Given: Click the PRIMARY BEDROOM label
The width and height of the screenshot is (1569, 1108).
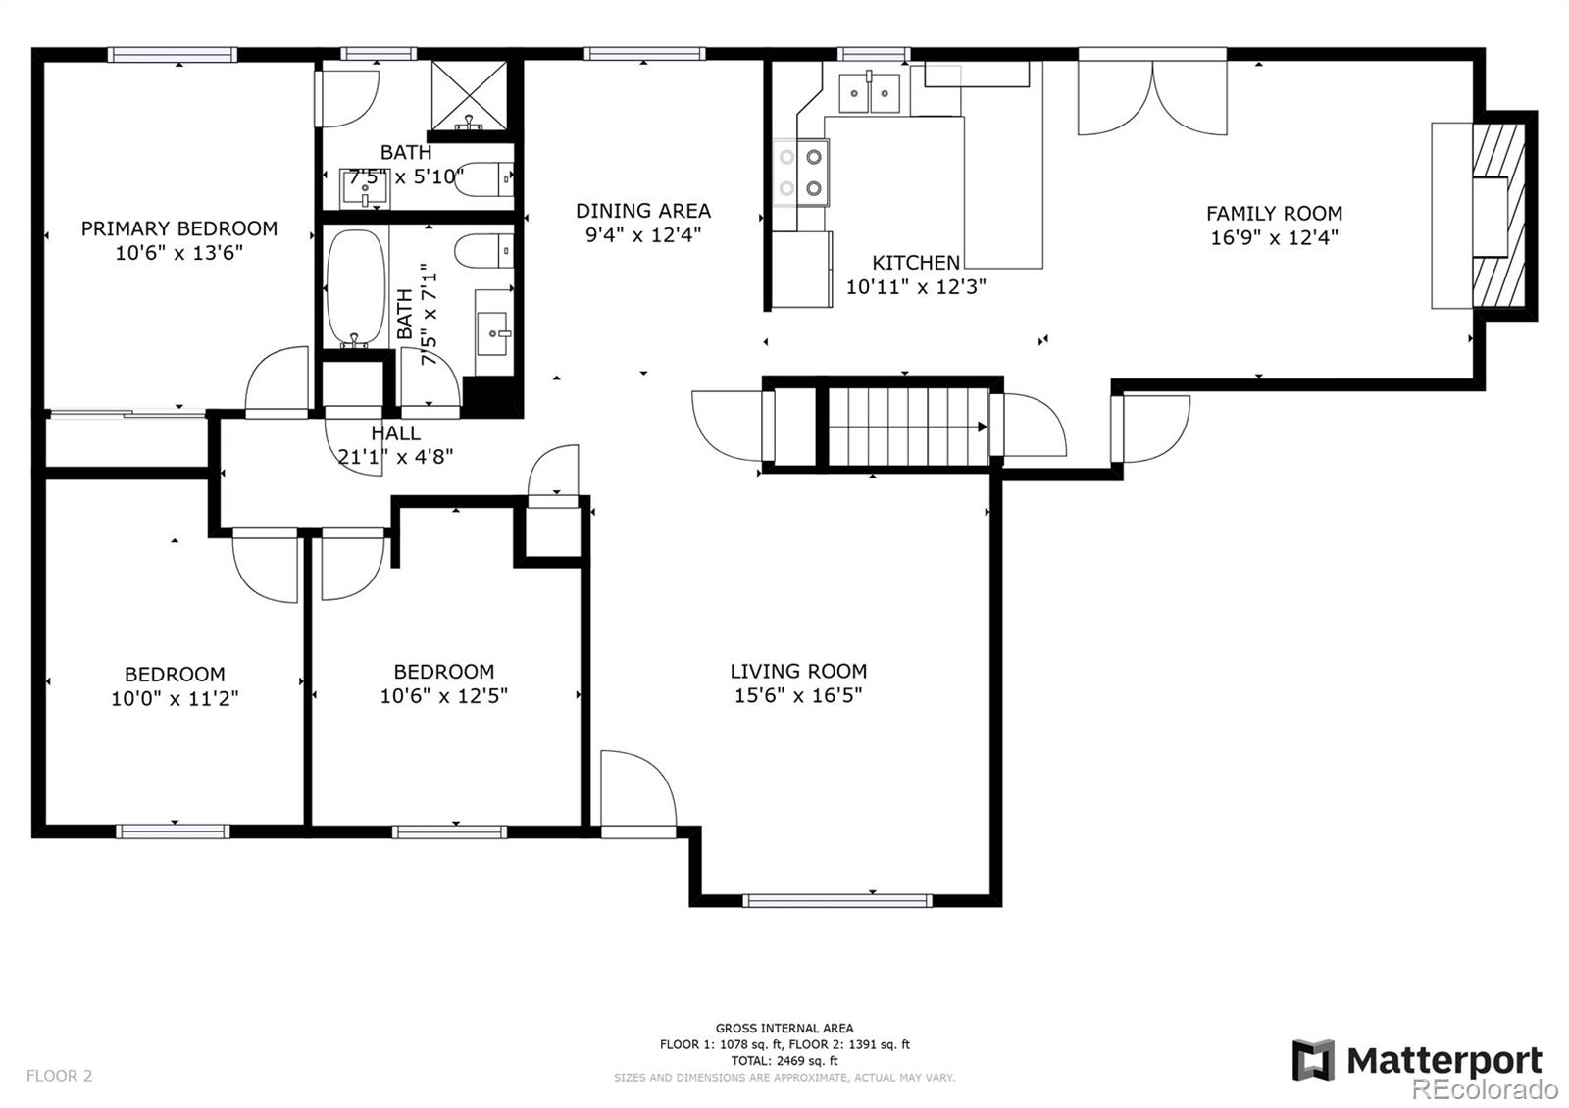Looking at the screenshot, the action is point(179,228).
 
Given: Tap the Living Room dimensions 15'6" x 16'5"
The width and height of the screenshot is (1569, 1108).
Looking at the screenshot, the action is point(798,695).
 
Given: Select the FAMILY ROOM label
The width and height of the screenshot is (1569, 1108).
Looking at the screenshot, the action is point(1274,213).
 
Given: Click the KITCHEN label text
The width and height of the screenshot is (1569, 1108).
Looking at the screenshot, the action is point(916,263).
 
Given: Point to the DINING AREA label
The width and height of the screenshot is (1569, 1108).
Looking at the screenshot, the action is point(643,211).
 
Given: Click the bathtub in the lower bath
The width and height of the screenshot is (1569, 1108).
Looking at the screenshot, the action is point(357,288).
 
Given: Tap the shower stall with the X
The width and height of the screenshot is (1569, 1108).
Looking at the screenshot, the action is point(469,95).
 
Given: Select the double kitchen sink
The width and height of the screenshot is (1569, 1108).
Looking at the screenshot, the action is point(869,93).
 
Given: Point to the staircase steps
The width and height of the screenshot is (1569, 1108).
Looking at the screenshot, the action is point(908,427).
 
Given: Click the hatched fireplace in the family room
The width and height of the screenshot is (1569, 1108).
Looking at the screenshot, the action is point(1498,216).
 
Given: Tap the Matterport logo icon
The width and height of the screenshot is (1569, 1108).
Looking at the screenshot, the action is point(1313,1060).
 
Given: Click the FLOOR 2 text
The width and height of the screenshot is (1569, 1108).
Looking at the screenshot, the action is point(60,1075).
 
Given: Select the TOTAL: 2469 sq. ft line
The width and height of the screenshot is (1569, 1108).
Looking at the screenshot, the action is point(784,1060).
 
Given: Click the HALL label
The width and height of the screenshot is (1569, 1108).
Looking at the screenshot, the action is point(396,432).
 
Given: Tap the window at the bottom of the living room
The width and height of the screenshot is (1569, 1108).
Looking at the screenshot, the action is point(837,901).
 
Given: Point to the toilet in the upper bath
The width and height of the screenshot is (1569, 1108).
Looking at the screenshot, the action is point(484,178).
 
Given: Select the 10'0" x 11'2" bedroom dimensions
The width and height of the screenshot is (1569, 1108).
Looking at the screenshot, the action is point(175,698).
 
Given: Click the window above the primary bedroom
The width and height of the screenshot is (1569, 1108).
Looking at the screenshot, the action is point(173,55).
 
